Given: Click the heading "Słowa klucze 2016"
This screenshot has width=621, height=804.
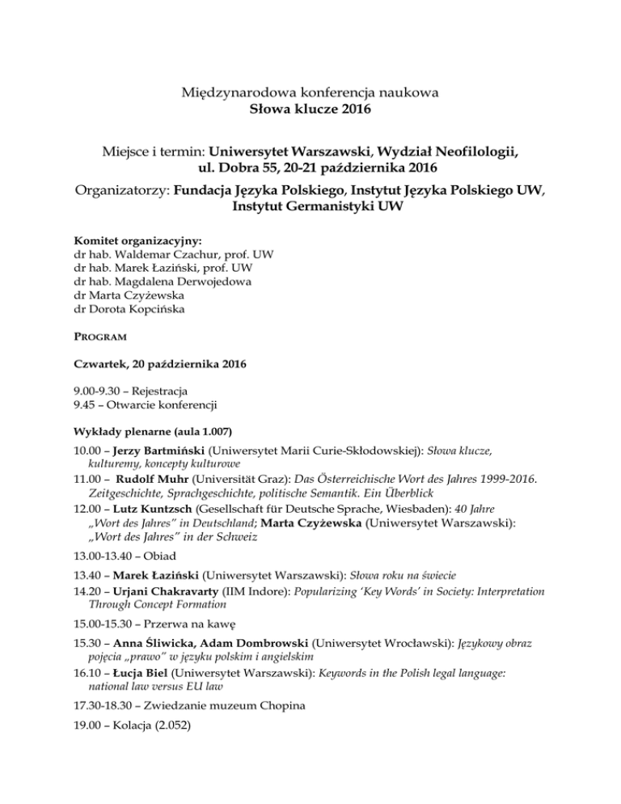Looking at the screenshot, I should [x=310, y=109].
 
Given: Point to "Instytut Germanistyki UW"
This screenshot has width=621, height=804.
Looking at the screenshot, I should [x=310, y=206].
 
